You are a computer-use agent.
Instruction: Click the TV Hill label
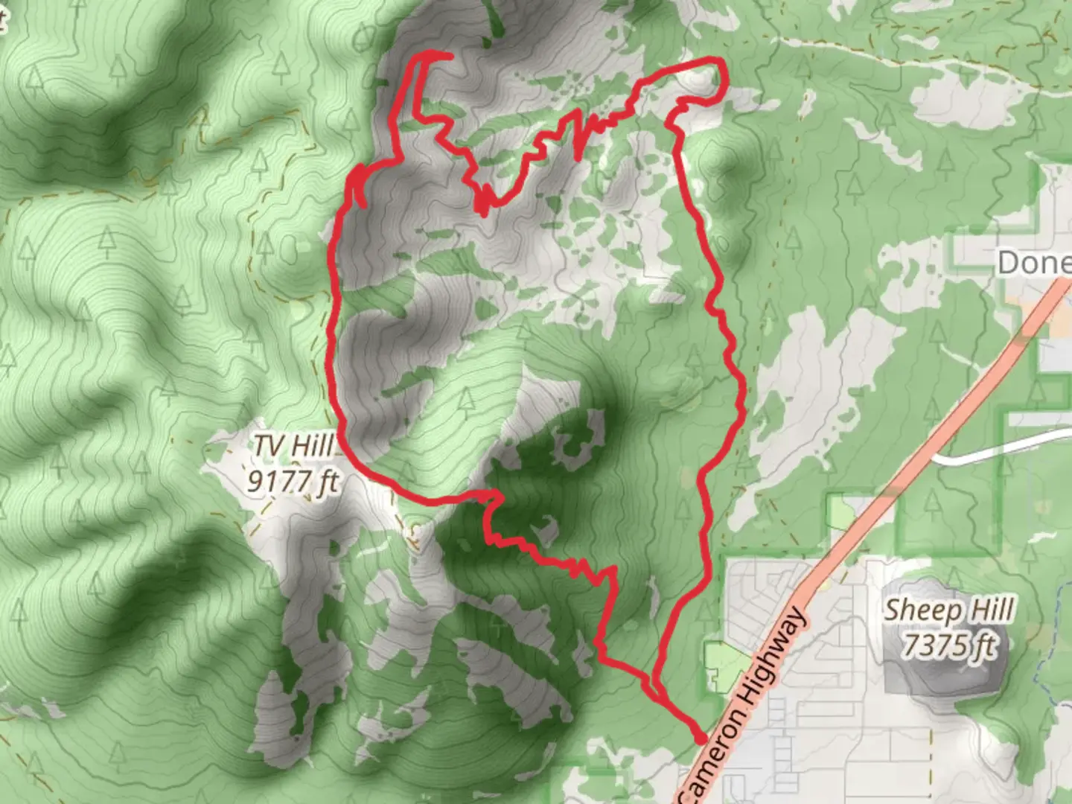coord(293,447)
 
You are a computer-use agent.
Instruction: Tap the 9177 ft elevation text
coord(293,482)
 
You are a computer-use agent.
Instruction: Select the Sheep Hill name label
coord(948,610)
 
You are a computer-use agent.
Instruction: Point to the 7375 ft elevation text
coord(948,645)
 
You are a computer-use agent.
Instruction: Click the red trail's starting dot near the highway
coord(700,738)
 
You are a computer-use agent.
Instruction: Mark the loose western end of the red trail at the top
coord(450,55)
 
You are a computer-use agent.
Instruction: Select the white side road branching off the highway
coord(998,450)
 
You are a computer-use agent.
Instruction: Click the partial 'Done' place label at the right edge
coord(1035,262)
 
